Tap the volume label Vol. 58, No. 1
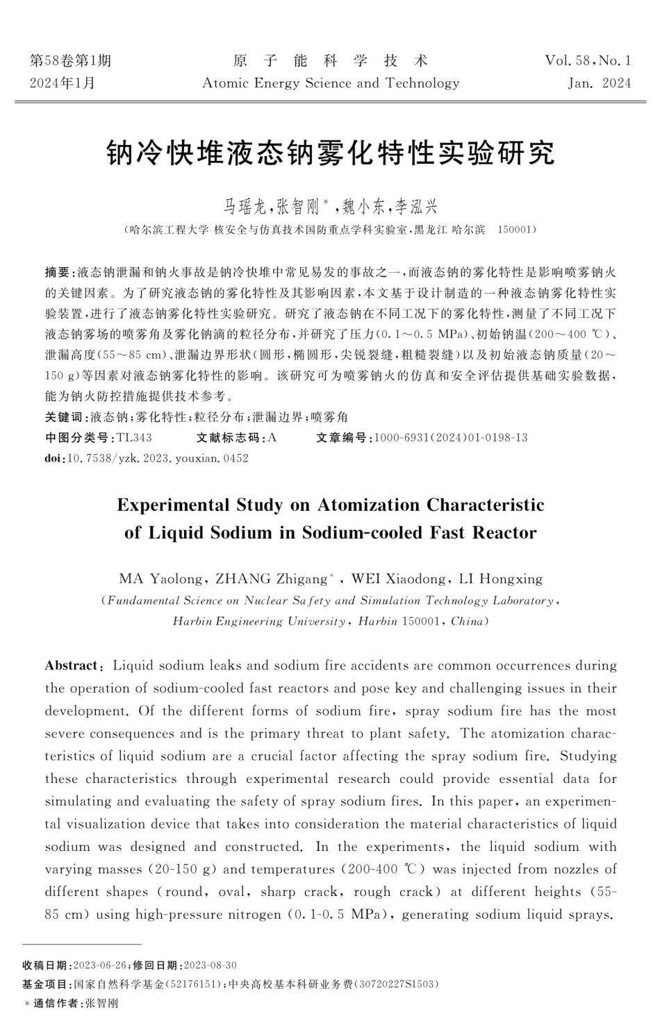tap(588, 61)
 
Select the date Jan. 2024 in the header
tap(599, 84)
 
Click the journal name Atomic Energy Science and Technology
tap(331, 84)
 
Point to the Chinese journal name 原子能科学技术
tap(331, 61)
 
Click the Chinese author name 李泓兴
tap(415, 206)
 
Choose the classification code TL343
tap(134, 438)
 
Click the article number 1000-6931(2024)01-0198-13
tap(451, 438)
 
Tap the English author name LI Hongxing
tap(501, 579)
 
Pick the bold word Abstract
tap(72, 666)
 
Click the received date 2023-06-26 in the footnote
tap(99, 965)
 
